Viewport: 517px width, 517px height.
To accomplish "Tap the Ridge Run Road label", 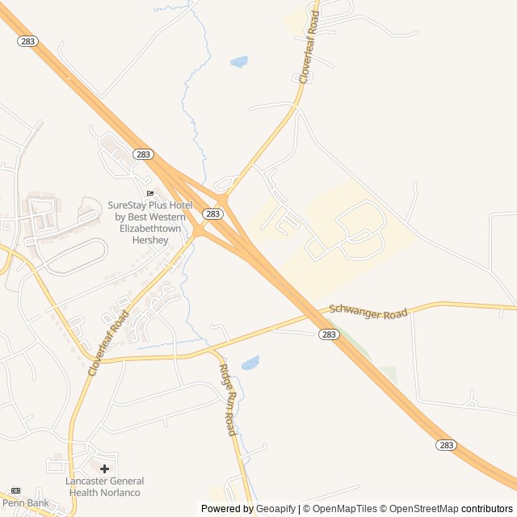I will pos(229,399).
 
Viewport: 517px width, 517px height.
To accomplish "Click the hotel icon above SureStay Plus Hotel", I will pos(149,193).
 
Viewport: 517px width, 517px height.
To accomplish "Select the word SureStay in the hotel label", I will pos(127,205).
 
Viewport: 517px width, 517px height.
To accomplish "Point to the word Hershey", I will pos(149,240).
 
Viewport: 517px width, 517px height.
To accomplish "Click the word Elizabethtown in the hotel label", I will pos(149,229).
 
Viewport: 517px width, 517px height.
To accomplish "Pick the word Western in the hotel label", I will pos(167,216).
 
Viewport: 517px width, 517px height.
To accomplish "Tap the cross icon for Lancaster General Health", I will pos(104,469).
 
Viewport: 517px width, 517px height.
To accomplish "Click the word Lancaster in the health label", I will pos(86,481).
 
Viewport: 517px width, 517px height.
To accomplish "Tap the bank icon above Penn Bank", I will pos(15,490).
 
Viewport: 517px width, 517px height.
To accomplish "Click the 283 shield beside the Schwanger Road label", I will pos(328,334).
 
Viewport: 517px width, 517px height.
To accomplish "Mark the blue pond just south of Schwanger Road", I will pos(250,362).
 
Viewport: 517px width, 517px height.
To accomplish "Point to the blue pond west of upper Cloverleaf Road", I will pos(238,61).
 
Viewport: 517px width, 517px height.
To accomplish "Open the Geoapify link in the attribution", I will pos(275,509).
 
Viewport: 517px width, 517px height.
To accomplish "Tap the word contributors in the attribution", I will pos(487,509).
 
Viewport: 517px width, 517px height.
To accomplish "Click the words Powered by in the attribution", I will pos(226,509).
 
